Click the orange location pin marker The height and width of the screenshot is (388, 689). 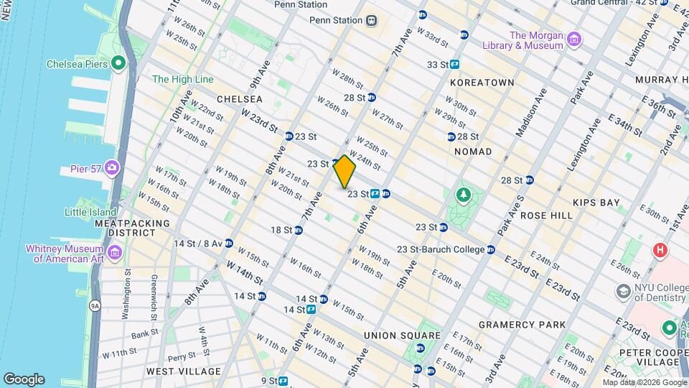[x=344, y=172]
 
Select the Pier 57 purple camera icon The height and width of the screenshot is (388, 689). [x=111, y=168]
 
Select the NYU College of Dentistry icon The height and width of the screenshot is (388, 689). [x=622, y=290]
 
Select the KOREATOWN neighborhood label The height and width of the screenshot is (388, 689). [x=482, y=83]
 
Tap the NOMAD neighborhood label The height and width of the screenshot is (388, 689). [x=473, y=152]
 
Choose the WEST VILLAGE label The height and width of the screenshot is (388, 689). [x=183, y=371]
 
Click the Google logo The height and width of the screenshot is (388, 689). [x=24, y=379]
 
